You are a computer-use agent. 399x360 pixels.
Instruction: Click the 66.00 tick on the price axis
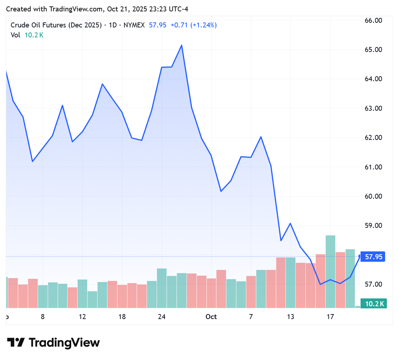pos(374,20)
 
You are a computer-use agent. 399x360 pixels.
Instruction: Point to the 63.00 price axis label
pos(374,108)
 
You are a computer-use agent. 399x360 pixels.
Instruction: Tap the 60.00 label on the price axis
pos(374,196)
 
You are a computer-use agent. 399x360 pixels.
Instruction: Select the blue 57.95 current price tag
pos(373,256)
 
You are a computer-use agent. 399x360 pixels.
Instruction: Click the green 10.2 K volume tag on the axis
pos(373,304)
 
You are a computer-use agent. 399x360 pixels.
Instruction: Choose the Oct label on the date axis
pos(211,317)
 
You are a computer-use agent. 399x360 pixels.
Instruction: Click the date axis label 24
pos(162,317)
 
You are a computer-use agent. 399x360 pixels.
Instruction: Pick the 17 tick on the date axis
pos(330,317)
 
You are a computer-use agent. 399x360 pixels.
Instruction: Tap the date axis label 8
pos(43,317)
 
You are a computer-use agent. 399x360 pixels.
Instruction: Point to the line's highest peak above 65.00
pos(182,45)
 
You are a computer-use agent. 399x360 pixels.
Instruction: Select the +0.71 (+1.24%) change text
pos(194,25)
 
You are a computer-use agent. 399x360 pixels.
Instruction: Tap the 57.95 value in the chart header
pos(158,25)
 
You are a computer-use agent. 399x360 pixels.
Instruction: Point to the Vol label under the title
pos(15,35)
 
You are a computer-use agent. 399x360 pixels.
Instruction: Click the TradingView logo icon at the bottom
pos(16,343)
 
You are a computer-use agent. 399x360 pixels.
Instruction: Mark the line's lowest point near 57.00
pos(320,284)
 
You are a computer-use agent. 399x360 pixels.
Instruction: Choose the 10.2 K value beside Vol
pos(34,35)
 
